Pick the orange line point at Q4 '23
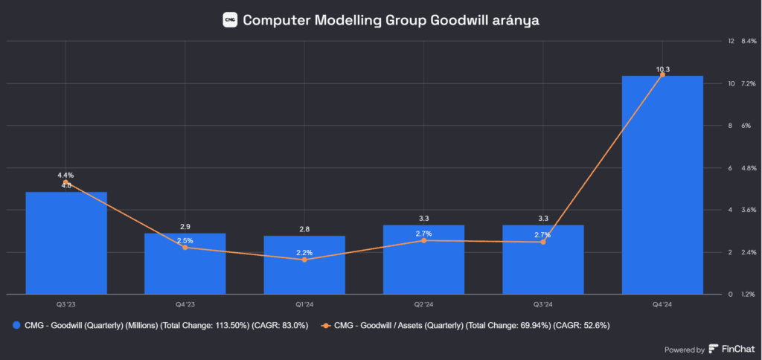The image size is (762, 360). click(x=185, y=247)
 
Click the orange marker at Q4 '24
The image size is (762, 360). click(x=662, y=74)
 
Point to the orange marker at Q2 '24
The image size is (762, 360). click(x=423, y=240)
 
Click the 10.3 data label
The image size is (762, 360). click(x=662, y=69)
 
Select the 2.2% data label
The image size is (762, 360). click(x=304, y=253)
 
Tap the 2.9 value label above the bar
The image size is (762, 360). click(x=185, y=226)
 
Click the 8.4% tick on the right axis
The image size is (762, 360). click(x=748, y=41)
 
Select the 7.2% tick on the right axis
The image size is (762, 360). click(x=748, y=83)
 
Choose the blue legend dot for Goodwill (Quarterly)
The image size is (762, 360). click(x=16, y=325)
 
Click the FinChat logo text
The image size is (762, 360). click(x=736, y=349)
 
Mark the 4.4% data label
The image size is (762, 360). click(x=66, y=175)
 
